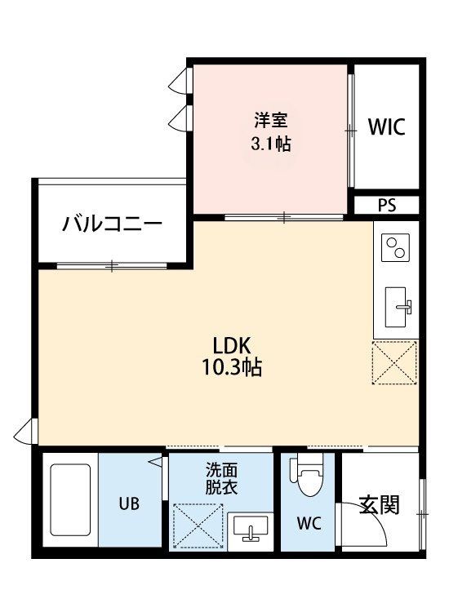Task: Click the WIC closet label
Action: pos(386,126)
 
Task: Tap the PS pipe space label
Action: pos(386,206)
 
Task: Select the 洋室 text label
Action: pos(270,120)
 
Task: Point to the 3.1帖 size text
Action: pos(270,144)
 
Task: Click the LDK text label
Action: pos(231,345)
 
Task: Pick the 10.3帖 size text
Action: pos(231,367)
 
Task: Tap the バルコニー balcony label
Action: pos(112,224)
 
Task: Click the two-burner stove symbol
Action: pos(395,248)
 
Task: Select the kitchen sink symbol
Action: pos(398,307)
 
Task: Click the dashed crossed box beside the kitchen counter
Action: pos(394,362)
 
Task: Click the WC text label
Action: pos(309,523)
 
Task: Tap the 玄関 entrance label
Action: pos(379,504)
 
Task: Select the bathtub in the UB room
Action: pos(70,500)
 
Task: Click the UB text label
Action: pos(129,503)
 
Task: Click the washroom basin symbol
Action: pos(251,528)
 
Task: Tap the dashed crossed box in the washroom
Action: pos(198,526)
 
